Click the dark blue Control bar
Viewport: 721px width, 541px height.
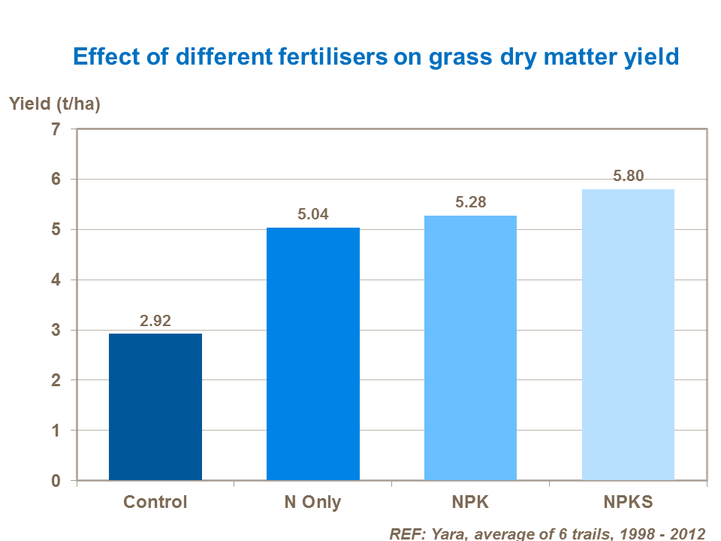point(155,407)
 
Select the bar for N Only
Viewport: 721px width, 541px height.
point(313,353)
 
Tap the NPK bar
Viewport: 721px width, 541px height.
point(470,347)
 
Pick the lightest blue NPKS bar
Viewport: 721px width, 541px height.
point(628,334)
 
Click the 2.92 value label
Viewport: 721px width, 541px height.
point(155,321)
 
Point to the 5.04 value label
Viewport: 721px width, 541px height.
point(313,215)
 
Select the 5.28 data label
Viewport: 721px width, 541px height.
point(470,203)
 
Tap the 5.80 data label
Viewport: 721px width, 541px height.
point(628,177)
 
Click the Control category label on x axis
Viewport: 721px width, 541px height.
point(155,502)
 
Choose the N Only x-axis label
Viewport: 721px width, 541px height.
point(312,502)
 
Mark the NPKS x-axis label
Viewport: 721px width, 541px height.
point(628,502)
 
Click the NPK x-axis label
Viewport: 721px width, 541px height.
point(470,502)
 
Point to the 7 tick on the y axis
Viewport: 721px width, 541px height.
point(55,129)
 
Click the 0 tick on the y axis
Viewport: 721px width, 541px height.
point(55,481)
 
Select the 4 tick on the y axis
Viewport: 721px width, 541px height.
point(55,280)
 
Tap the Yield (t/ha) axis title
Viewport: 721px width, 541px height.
point(55,104)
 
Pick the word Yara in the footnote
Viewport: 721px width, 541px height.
point(446,533)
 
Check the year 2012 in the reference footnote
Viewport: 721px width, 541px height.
point(689,533)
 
